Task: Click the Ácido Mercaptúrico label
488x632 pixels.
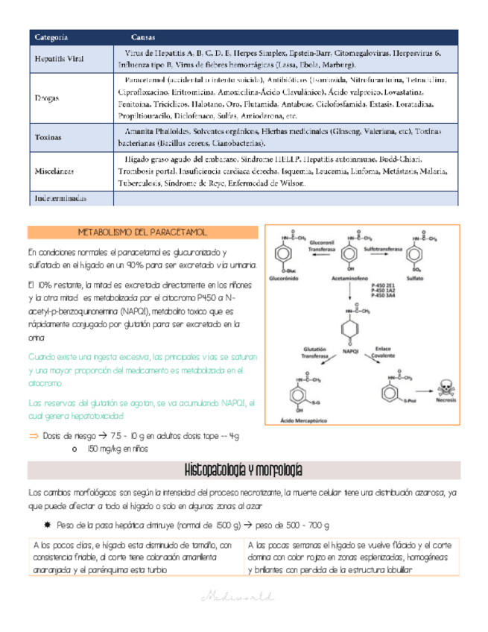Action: [303, 422]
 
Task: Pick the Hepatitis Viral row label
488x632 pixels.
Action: [60, 58]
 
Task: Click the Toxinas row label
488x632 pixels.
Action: [48, 138]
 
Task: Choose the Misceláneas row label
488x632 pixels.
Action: [55, 171]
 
